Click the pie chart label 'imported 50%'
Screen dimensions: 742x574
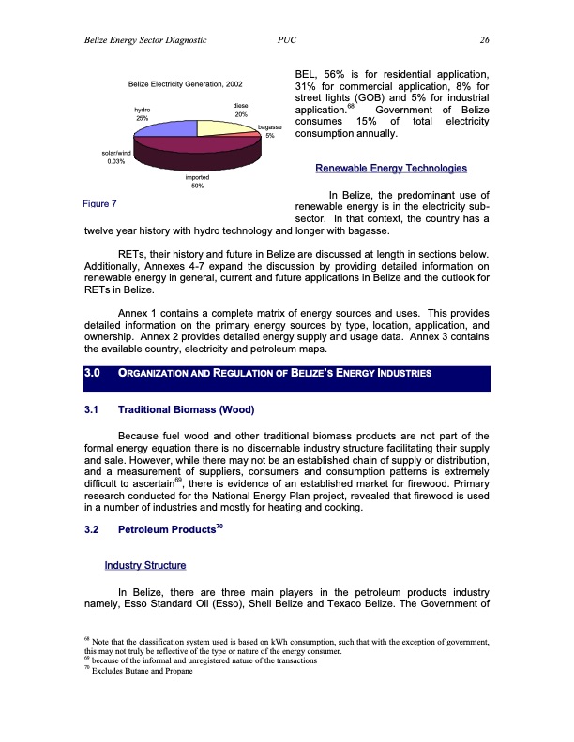point(198,181)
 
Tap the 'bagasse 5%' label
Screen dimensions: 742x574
point(269,131)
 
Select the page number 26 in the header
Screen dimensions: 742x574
point(484,40)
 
